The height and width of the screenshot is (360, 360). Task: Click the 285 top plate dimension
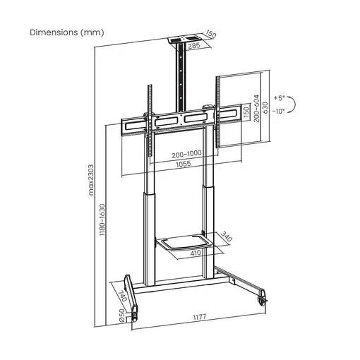pyautogui.click(x=193, y=46)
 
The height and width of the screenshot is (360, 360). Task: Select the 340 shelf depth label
pyautogui.click(x=226, y=238)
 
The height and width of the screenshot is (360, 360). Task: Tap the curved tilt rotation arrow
pyautogui.click(x=292, y=104)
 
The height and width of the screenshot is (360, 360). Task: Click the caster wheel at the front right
pyautogui.click(x=264, y=297)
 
